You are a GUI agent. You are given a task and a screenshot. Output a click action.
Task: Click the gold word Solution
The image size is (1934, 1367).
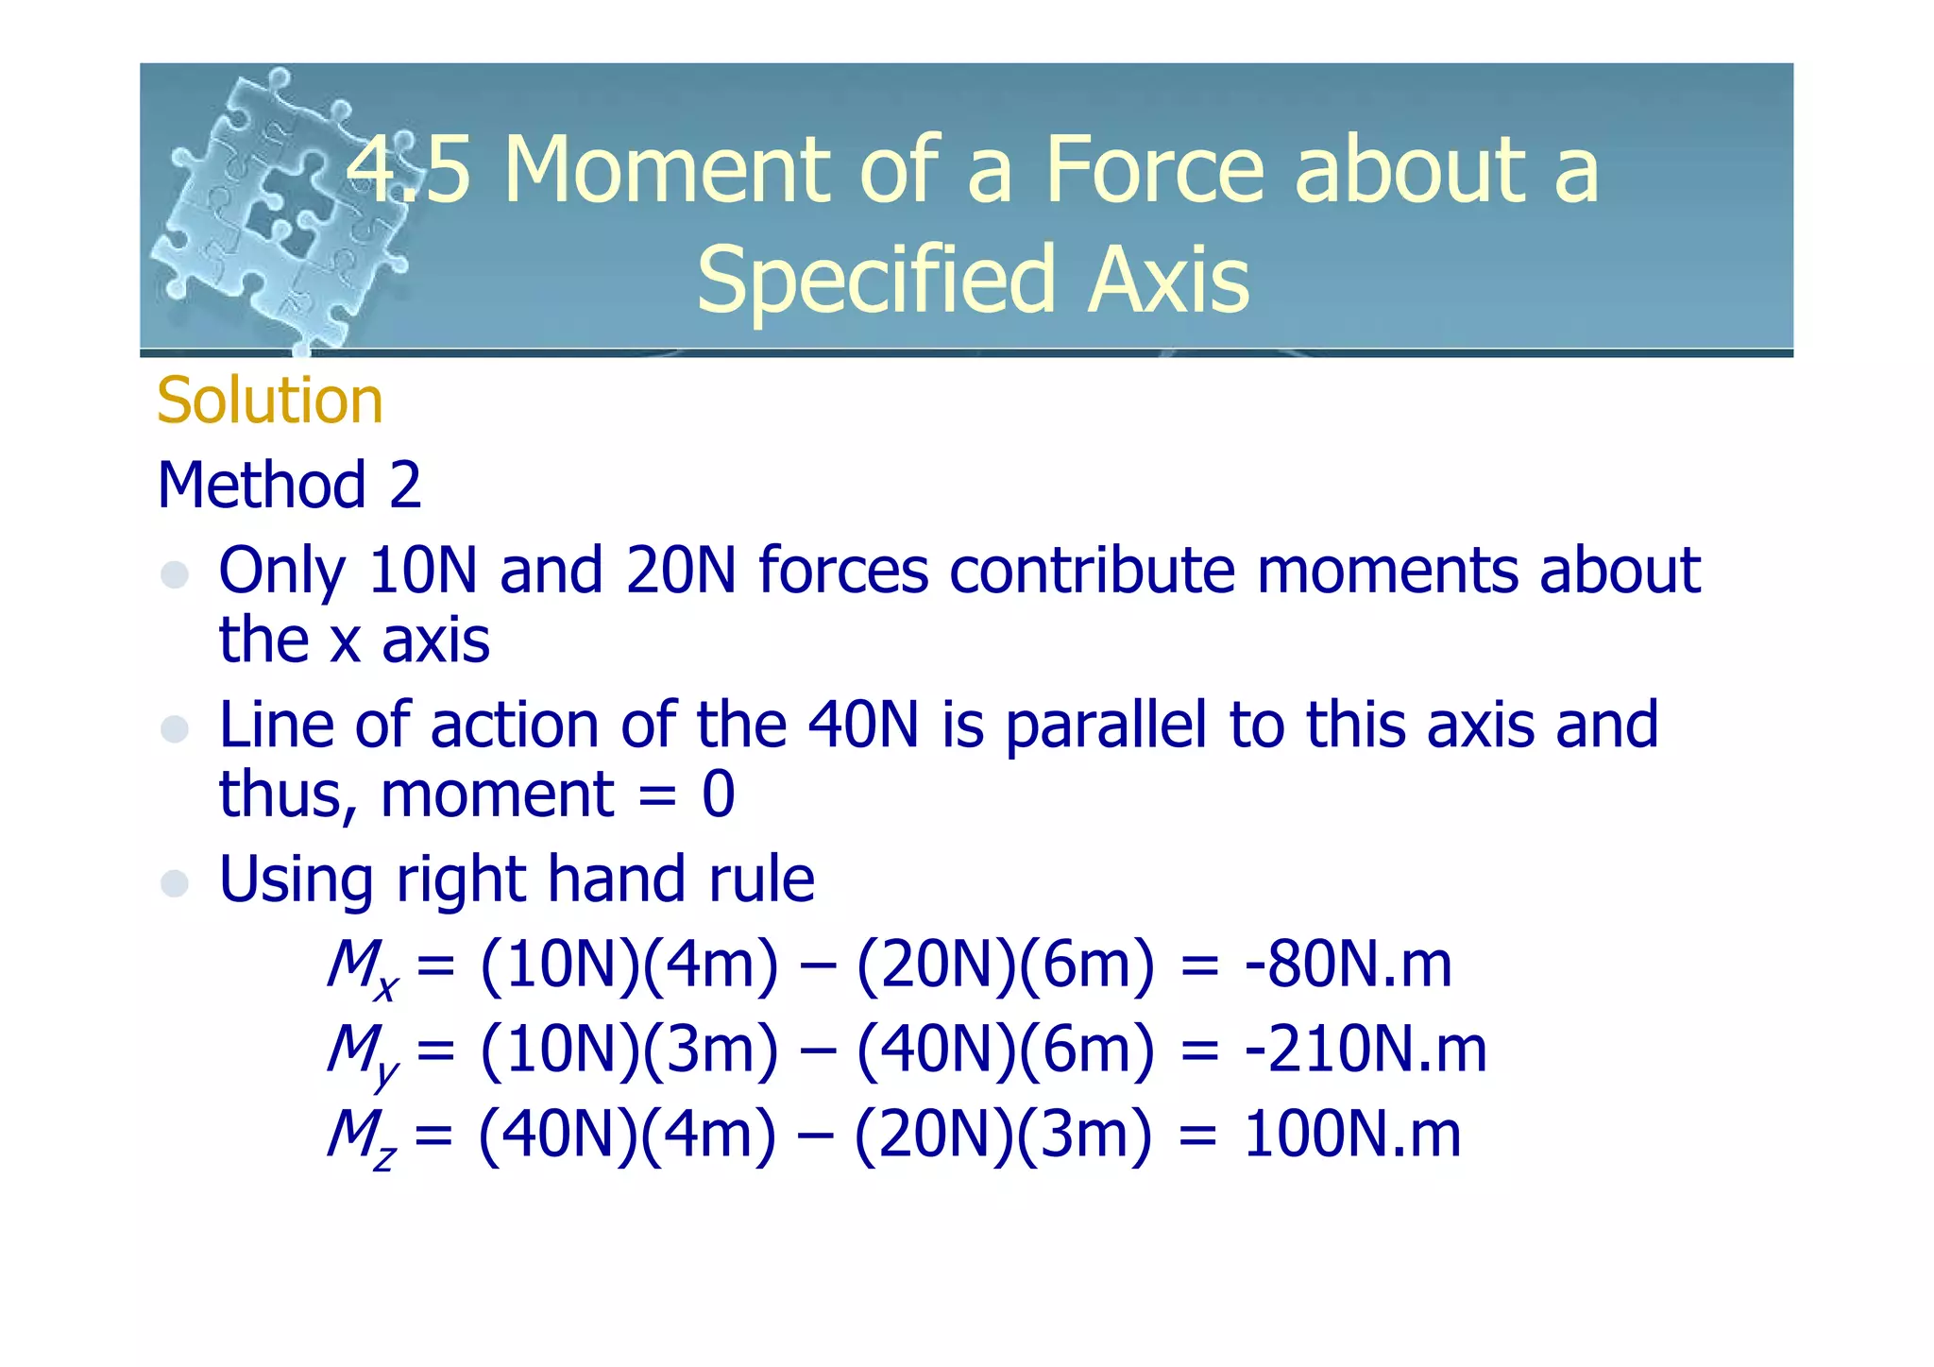pyautogui.click(x=269, y=401)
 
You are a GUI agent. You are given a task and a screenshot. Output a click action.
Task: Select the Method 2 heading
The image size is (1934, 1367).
pyautogui.click(x=289, y=486)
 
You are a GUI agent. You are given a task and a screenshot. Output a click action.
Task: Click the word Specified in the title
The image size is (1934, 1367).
pyautogui.click(x=874, y=280)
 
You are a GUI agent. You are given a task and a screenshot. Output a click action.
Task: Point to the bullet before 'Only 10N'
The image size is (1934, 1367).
pyautogui.click(x=175, y=574)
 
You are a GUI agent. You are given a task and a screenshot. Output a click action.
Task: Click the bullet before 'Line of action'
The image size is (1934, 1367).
pyautogui.click(x=175, y=729)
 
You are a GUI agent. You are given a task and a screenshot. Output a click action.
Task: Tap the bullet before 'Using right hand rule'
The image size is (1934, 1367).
pyautogui.click(x=175, y=883)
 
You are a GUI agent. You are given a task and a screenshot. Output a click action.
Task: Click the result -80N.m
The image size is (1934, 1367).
pyautogui.click(x=1348, y=965)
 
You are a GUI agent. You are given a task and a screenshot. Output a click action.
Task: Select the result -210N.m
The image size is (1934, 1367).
pyautogui.click(x=1366, y=1050)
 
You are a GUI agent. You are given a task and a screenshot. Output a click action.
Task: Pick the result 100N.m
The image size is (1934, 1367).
pyautogui.click(x=1352, y=1135)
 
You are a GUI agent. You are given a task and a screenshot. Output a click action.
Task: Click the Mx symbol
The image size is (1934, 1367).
pyautogui.click(x=362, y=968)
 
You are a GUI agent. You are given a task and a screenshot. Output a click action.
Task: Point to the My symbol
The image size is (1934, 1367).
pyautogui.click(x=362, y=1053)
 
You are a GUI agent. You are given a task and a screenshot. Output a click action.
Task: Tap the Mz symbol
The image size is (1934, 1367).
pyautogui.click(x=361, y=1137)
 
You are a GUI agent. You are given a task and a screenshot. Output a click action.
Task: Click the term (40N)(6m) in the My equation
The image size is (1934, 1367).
pyautogui.click(x=1005, y=1050)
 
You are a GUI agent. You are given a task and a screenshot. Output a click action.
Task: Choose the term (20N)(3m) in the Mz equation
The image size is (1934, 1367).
pyautogui.click(x=1003, y=1135)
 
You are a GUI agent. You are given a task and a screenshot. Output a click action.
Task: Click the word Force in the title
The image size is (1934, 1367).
pyautogui.click(x=1154, y=170)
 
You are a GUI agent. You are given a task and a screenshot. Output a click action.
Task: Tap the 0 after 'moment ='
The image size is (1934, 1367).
pyautogui.click(x=718, y=795)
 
